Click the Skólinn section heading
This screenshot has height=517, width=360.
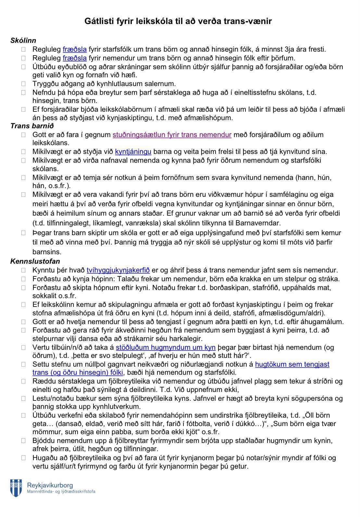click(23, 41)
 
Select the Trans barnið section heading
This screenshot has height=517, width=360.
click(32, 126)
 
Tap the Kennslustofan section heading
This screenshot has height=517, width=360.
click(35, 261)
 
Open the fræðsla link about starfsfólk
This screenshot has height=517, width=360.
click(74, 50)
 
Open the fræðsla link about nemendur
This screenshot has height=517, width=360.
click(74, 58)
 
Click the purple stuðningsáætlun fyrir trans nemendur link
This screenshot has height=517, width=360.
click(172, 134)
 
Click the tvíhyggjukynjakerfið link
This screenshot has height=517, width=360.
click(118, 270)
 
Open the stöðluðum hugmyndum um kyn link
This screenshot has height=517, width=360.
click(166, 347)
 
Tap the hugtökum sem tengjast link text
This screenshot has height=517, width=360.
click(292, 364)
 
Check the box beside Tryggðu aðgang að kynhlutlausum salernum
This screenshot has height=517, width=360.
click(23, 84)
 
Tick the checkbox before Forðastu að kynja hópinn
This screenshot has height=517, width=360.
click(23, 279)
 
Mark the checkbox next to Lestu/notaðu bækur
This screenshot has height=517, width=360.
click(23, 398)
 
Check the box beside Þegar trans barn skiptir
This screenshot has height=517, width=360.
click(23, 233)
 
